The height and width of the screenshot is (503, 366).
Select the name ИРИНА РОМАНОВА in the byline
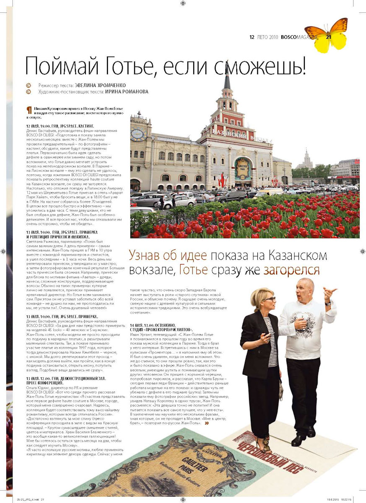[127, 91]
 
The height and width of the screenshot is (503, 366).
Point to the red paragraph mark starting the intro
[29, 111]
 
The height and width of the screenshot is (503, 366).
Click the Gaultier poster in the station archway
[243, 169]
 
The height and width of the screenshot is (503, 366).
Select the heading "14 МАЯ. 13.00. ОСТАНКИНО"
[153, 325]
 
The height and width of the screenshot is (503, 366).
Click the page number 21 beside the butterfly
[328, 37]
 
